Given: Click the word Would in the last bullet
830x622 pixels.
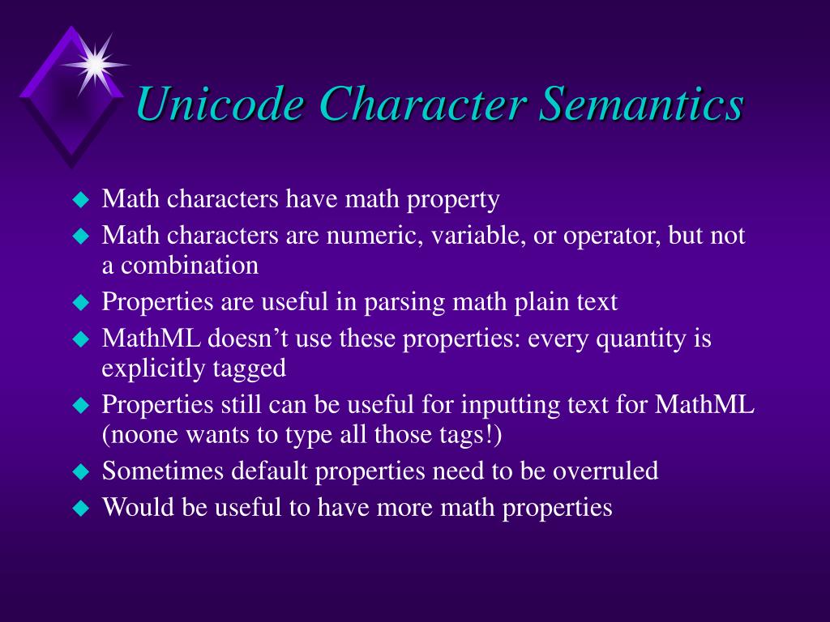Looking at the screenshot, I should (130, 508).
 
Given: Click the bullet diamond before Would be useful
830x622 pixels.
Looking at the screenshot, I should (79, 509).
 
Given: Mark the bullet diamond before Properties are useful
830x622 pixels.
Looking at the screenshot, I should (79, 303).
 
